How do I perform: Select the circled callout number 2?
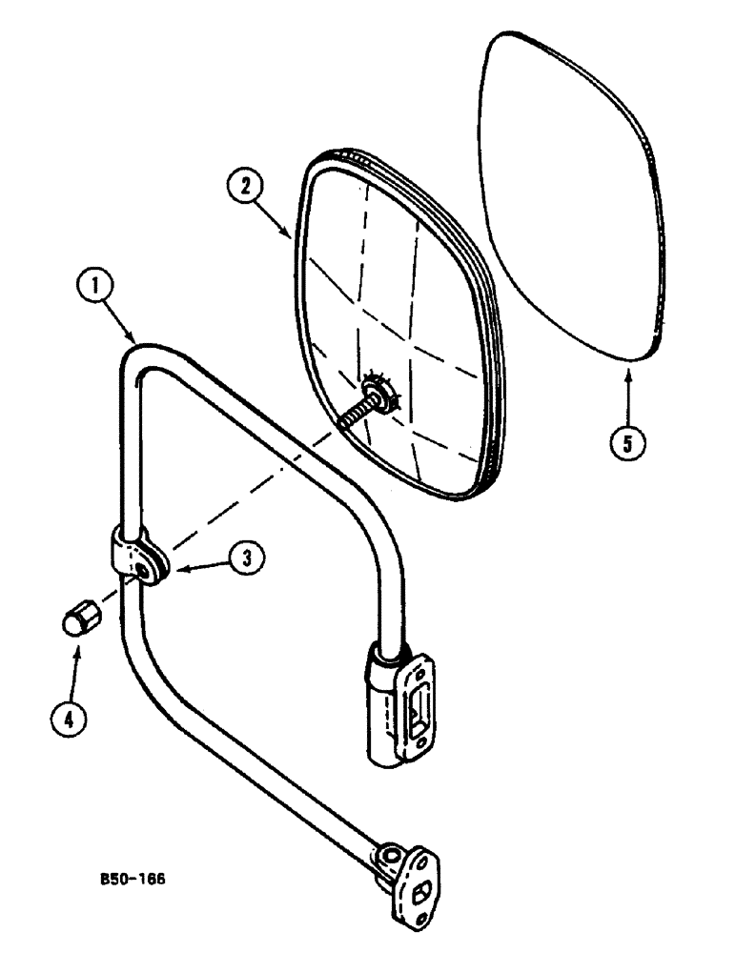coord(247,187)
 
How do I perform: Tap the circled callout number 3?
coord(246,559)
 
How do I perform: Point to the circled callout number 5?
coord(628,442)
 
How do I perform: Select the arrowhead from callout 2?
coord(292,238)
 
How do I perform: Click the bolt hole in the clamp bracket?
coord(146,570)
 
